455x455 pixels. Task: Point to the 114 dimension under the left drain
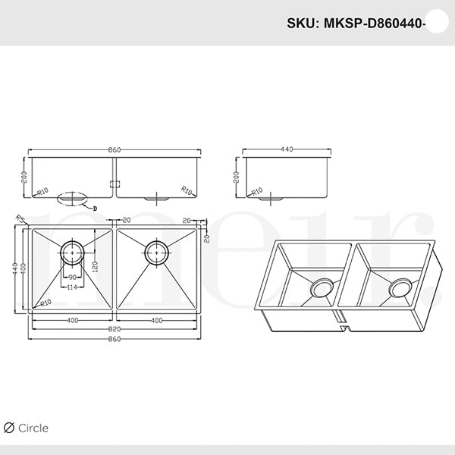(73, 287)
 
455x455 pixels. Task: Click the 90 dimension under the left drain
(73, 278)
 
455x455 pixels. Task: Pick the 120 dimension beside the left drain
(95, 268)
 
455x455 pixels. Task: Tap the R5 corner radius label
(18, 218)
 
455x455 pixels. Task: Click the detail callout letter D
(96, 206)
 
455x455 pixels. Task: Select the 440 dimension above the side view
(287, 150)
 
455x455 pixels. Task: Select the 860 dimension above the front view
(114, 150)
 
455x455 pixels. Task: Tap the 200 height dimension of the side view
(236, 177)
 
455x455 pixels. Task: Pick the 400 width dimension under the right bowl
(155, 321)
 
